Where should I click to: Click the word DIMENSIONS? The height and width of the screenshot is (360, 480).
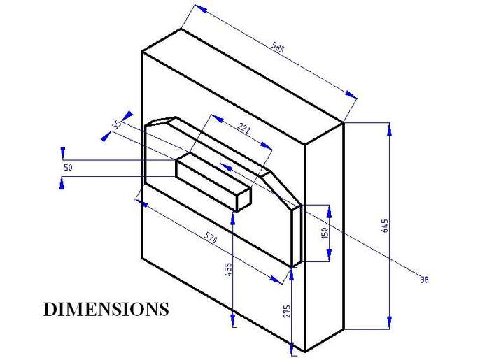[106, 309]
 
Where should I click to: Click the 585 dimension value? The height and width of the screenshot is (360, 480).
[278, 49]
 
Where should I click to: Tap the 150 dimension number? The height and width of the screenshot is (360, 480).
[325, 233]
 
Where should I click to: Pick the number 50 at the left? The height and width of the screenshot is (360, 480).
[68, 168]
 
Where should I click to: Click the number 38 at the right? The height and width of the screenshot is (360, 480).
[423, 280]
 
